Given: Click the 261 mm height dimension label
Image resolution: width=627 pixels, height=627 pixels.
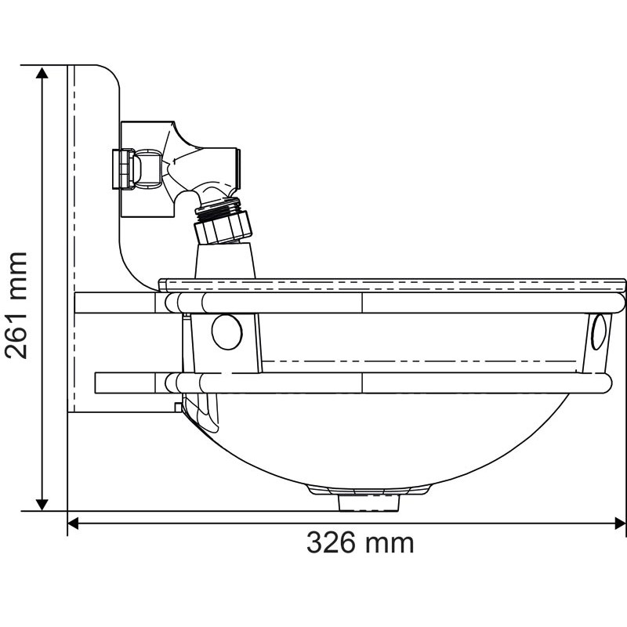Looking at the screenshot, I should [17, 305].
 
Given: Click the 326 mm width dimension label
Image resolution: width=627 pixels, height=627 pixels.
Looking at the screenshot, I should [360, 542].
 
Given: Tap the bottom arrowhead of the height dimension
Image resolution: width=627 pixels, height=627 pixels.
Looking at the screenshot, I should [42, 502].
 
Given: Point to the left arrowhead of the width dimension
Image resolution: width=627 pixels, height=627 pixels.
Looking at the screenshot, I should [75, 523].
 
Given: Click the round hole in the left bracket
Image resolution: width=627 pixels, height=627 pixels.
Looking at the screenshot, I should [227, 332].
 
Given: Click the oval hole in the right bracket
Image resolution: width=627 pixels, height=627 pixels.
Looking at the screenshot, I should [600, 332].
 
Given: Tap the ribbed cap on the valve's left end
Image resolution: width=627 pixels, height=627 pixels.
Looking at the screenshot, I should [121, 169].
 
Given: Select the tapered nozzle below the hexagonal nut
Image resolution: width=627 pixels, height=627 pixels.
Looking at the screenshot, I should [225, 259].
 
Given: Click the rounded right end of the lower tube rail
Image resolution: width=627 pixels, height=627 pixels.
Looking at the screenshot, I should [604, 382].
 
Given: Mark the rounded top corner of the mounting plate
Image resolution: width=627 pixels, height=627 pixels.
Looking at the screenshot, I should [110, 75].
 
